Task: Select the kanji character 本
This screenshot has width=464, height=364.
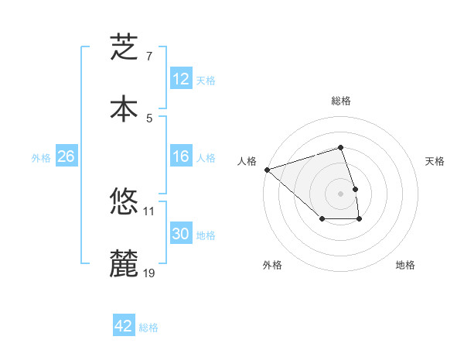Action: click(124, 108)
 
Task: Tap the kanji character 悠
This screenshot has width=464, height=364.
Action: click(124, 203)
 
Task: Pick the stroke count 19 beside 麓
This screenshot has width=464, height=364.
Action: click(149, 273)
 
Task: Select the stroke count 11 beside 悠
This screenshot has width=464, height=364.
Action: click(149, 211)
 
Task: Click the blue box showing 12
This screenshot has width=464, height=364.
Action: click(181, 79)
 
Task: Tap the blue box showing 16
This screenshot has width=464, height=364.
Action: click(181, 156)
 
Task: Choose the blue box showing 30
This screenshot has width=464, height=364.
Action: click(181, 234)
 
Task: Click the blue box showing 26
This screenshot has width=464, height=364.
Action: click(66, 156)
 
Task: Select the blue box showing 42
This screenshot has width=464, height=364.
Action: click(124, 326)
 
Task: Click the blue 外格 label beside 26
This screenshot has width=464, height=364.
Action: click(41, 157)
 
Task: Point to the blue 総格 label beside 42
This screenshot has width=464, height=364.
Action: click(148, 327)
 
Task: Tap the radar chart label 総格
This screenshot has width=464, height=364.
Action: click(340, 101)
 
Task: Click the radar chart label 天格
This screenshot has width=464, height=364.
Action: click(435, 161)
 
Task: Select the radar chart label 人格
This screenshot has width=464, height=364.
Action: click(247, 161)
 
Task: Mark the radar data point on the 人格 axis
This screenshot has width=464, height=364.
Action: click(267, 170)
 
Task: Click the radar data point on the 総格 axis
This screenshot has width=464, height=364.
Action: click(340, 147)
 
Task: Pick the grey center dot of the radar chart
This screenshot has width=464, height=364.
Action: click(340, 194)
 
